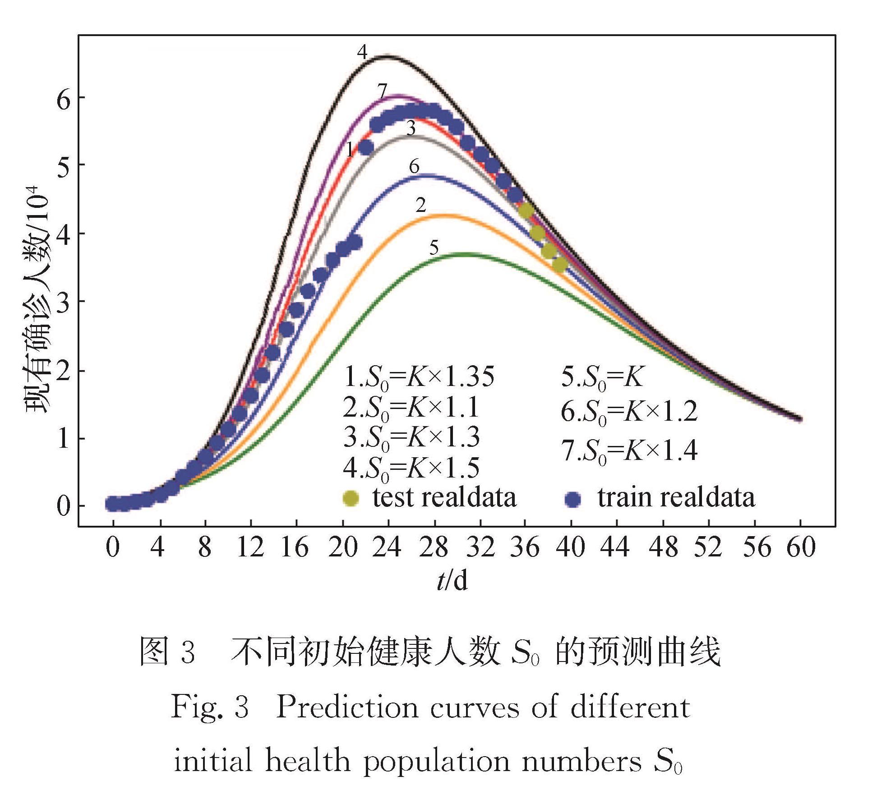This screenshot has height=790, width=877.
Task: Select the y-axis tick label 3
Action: tap(64, 302)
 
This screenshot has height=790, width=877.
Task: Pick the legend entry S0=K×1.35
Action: tap(419, 377)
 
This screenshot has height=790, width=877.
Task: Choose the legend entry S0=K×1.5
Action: tap(411, 468)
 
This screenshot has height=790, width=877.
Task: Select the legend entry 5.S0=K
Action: tap(602, 377)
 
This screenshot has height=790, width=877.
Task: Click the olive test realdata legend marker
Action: tap(351, 498)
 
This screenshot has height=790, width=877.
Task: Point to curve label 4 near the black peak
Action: tap(362, 52)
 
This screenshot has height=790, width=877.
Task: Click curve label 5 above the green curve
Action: tap(434, 248)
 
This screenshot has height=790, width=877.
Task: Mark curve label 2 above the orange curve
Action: tap(420, 205)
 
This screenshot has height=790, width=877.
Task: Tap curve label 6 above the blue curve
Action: tap(414, 167)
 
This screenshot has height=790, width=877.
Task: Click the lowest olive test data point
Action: tap(560, 265)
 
